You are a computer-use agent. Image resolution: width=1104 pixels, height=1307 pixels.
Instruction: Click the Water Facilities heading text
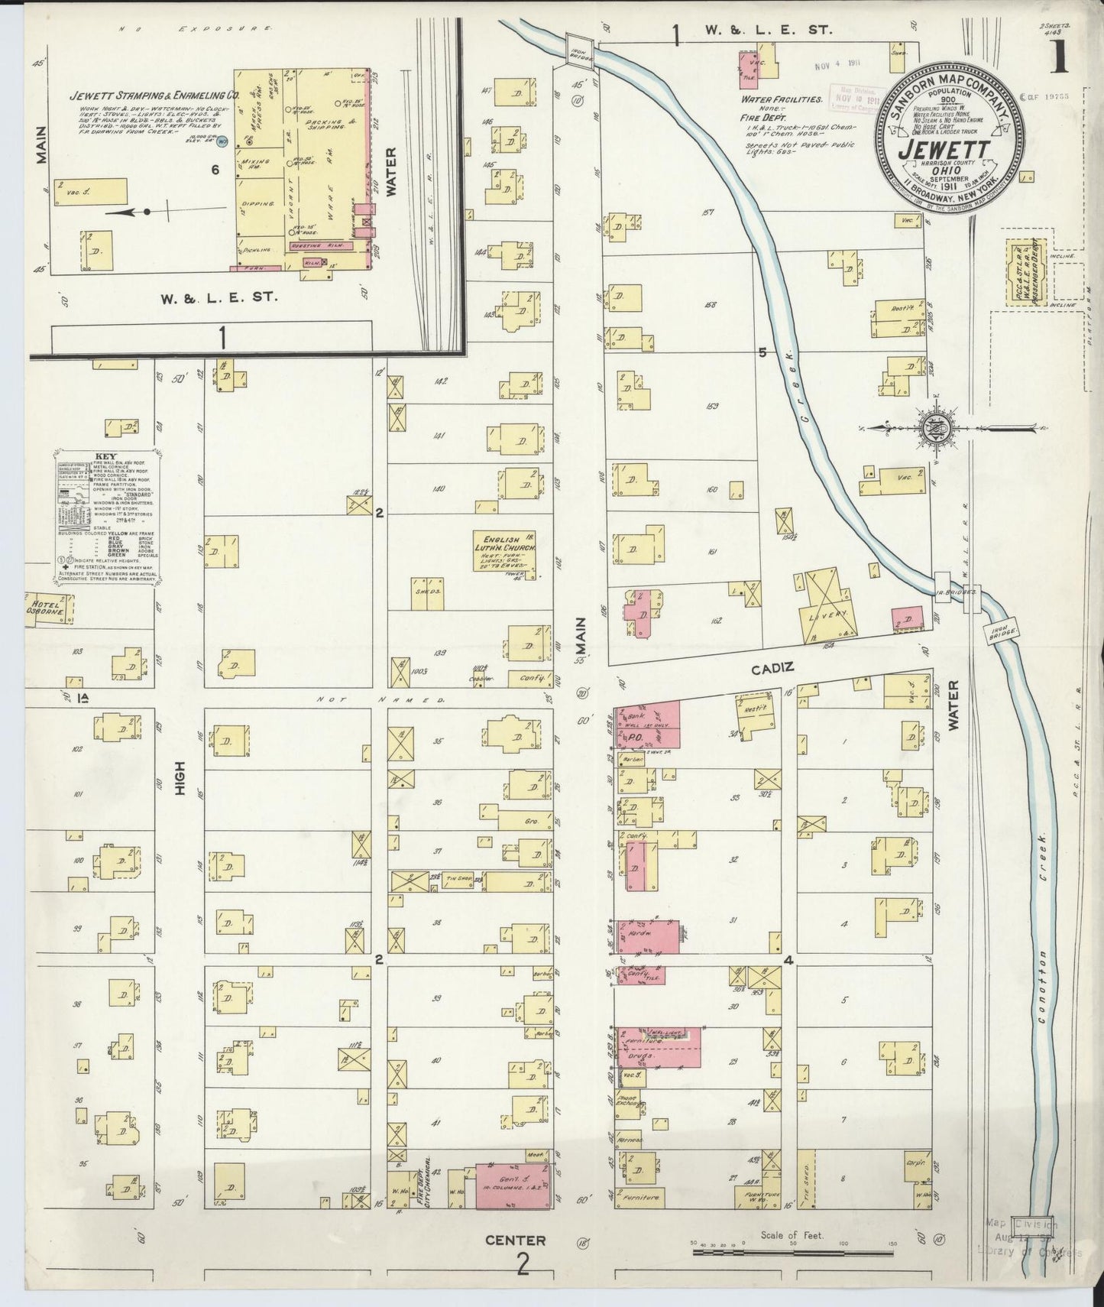click(781, 99)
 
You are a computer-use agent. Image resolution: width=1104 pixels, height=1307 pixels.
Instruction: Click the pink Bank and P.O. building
click(648, 725)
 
